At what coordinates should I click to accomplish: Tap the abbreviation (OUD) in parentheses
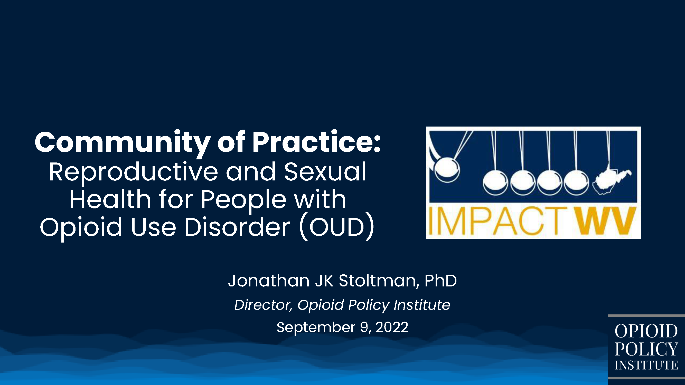[x=337, y=227]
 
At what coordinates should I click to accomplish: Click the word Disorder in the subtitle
[x=237, y=227]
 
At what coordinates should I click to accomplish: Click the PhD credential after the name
[x=441, y=281]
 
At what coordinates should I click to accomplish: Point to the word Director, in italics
[x=263, y=305]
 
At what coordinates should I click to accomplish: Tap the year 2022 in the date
[x=392, y=327]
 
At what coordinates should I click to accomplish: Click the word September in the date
[x=316, y=328]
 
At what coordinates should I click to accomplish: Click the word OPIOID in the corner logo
[x=646, y=331]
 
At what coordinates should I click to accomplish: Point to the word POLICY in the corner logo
[x=646, y=349]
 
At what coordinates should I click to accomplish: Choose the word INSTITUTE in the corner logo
[x=646, y=365]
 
